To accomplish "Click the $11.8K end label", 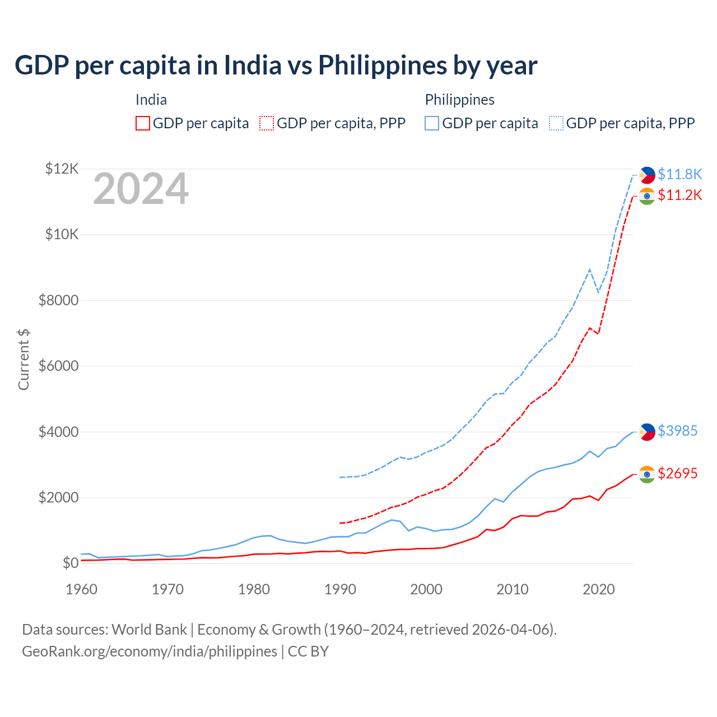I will pos(679,174).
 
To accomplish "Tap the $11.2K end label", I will pos(679,195).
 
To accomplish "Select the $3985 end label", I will pos(677,431).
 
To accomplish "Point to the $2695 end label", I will pos(677,473).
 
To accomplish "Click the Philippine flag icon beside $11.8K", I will pos(647,175).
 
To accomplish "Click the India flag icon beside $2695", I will pos(647,474).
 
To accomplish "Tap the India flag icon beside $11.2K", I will pos(647,196).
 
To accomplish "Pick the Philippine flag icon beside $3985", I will pos(647,432).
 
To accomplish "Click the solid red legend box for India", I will pos(143,123).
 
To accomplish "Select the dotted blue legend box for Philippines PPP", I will pos(556,123).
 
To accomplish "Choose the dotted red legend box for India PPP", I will pos(267,123).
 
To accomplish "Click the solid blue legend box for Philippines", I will pos(432,123).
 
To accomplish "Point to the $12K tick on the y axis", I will pos(62,169).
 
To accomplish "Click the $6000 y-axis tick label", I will pos(58,366).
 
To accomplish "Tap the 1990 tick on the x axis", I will pos(340,589).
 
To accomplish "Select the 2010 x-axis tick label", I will pos(513,589).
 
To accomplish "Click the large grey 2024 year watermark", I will pos(141,189).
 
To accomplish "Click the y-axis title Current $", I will pos(24,360).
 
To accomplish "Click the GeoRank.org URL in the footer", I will pos(150,651).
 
